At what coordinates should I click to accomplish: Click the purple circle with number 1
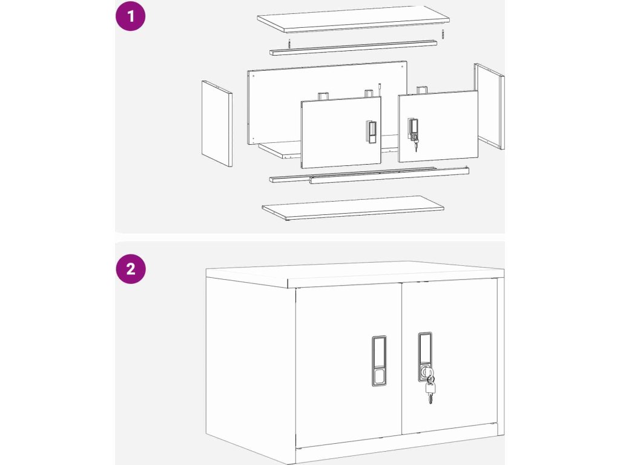(131, 16)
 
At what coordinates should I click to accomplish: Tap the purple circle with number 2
(131, 269)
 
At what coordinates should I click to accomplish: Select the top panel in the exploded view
(353, 19)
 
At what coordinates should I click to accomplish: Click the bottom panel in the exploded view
(353, 208)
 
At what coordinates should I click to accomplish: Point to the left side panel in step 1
(217, 124)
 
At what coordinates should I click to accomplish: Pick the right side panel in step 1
(489, 106)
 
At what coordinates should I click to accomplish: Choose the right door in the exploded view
(438, 127)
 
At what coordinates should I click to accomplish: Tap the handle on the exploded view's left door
(371, 132)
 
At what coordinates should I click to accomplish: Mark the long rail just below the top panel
(353, 48)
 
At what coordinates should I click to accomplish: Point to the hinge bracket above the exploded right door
(422, 90)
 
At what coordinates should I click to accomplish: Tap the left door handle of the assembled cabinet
(379, 361)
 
